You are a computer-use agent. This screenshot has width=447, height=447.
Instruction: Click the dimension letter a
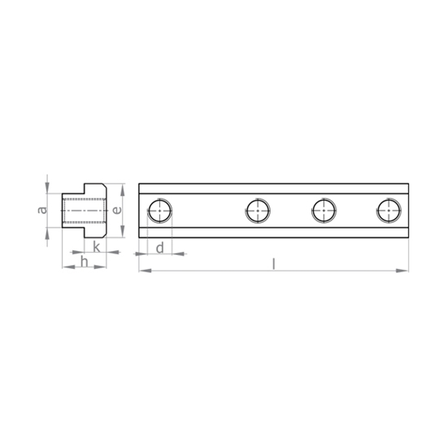coord(43,210)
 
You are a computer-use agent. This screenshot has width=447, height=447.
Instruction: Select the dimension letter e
coord(116,210)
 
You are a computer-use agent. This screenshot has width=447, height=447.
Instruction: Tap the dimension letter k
coord(97,247)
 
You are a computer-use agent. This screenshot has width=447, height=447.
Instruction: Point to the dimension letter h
coord(84,262)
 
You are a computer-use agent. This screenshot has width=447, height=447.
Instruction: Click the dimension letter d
coord(160,248)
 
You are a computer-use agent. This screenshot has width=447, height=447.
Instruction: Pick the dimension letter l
coord(274,264)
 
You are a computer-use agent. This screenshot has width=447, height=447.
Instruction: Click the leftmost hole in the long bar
coord(160,210)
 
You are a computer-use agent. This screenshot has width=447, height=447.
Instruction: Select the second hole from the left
coord(258,210)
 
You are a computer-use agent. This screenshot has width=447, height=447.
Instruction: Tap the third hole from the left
coord(323,210)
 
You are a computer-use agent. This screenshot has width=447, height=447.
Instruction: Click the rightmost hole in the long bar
coord(388,210)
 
